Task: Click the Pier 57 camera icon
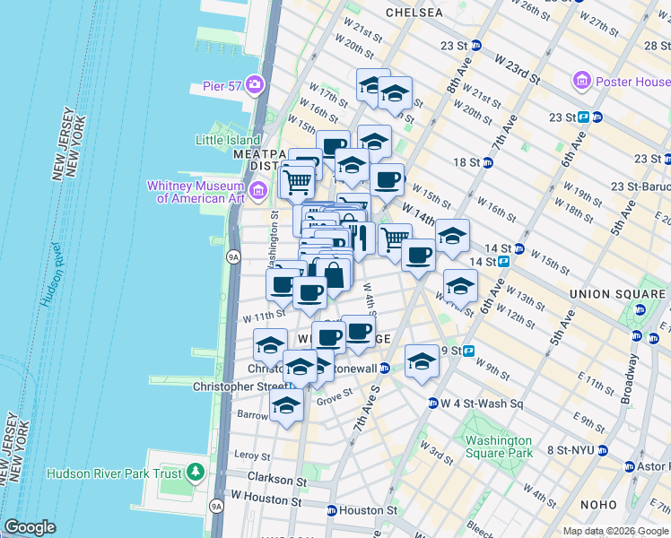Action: click(x=256, y=85)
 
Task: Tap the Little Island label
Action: click(x=228, y=140)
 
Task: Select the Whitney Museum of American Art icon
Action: click(x=259, y=190)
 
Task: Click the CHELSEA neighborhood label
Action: click(x=414, y=13)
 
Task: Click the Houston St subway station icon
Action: click(x=332, y=510)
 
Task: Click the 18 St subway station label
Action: click(x=466, y=162)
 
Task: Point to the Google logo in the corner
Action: click(x=30, y=527)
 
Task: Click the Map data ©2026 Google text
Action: click(x=614, y=531)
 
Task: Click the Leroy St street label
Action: click(x=252, y=456)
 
